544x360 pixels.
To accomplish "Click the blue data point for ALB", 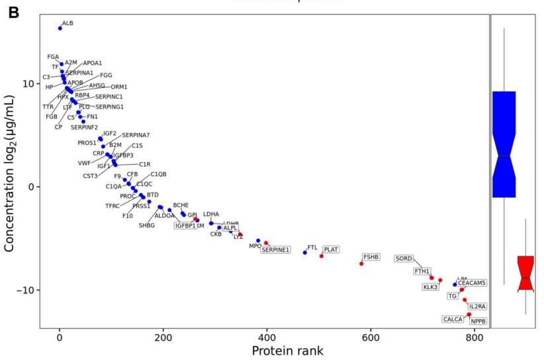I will [60, 28].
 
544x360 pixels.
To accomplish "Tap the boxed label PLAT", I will [331, 249].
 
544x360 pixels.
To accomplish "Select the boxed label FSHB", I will [371, 257].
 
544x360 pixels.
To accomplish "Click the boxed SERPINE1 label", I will [275, 249].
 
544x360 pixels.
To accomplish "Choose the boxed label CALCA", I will [453, 319].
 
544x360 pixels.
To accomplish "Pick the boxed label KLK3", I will [431, 287].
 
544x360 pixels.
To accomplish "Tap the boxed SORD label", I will [404, 258].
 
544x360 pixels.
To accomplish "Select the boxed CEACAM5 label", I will [472, 283].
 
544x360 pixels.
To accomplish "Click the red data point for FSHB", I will [361, 263].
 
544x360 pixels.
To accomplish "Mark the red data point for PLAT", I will [322, 255].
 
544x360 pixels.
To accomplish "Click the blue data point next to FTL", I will [305, 252].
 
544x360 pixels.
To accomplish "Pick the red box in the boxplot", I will [525, 273].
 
